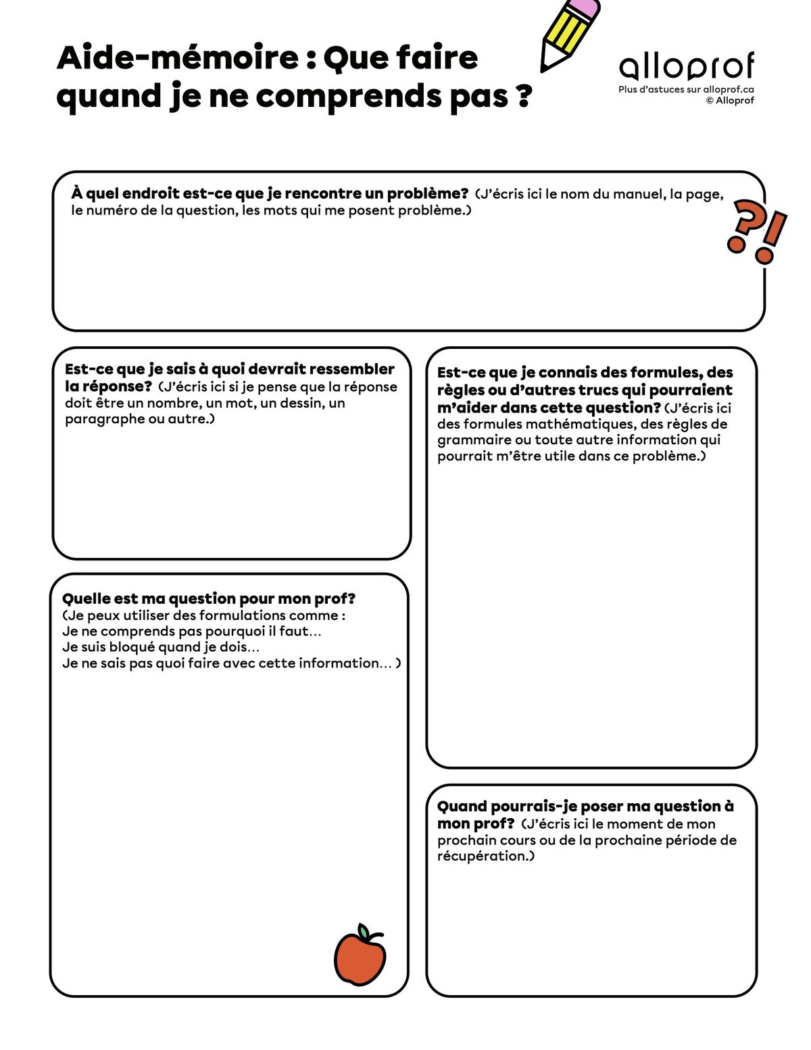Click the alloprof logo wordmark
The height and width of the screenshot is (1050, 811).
(x=686, y=66)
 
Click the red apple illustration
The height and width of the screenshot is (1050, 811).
(x=360, y=958)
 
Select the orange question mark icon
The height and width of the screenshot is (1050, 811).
(x=743, y=226)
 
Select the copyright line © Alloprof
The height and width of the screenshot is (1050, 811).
(x=730, y=101)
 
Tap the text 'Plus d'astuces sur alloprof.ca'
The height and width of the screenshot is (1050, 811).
(x=686, y=89)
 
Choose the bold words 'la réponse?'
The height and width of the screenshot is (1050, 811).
(x=109, y=387)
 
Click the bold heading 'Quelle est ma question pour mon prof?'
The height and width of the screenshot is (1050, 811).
(x=209, y=598)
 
